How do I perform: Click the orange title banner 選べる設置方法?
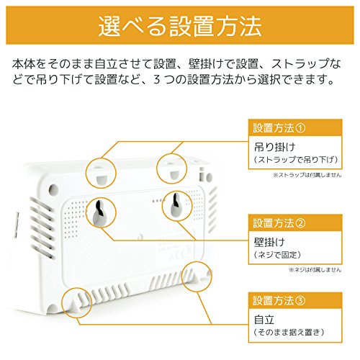coord(180,25)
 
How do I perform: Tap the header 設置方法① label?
coord(279,127)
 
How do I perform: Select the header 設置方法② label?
coord(279,223)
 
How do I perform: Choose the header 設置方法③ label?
coord(279,300)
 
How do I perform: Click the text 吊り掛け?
coord(274,147)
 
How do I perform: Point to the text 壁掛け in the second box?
coord(269,242)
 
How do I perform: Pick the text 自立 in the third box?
coord(264,320)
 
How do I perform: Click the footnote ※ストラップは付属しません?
coord(307,175)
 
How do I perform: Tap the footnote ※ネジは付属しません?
coord(315,270)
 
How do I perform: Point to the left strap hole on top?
coord(102,179)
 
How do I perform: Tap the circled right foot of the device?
coord(196,276)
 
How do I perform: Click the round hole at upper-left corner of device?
coord(53,189)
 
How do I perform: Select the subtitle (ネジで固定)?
coord(277,255)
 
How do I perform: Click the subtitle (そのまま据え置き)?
coord(289,332)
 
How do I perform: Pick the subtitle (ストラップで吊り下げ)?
coord(296,159)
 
